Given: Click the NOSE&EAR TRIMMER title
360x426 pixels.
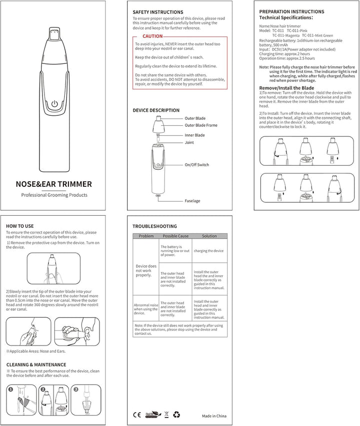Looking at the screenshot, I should [x=54, y=184].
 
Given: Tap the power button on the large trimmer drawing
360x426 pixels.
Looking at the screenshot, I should [x=54, y=105].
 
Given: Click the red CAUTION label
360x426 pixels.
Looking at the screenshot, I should [x=152, y=36].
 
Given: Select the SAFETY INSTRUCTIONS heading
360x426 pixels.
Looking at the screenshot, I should [x=157, y=12].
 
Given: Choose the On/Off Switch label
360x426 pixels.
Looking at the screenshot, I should [x=197, y=165].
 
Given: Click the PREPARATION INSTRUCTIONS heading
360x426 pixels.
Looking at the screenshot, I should [x=291, y=11].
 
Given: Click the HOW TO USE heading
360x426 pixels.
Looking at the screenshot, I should [x=20, y=226].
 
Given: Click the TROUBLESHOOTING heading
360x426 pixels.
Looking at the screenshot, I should [x=154, y=226].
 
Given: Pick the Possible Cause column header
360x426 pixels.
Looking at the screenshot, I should [x=175, y=236].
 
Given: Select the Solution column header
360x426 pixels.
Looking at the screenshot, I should [x=209, y=236].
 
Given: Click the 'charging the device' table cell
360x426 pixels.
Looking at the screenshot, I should [x=209, y=251].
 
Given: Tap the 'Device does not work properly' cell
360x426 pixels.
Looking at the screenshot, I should [x=146, y=271].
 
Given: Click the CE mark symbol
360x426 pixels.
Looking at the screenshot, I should [x=136, y=415].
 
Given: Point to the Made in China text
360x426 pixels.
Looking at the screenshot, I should [x=214, y=416].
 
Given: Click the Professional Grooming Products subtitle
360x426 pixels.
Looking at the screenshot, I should [x=54, y=195].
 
